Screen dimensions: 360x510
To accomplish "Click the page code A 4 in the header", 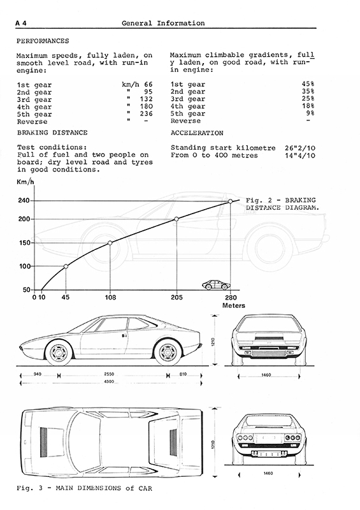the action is (21, 23).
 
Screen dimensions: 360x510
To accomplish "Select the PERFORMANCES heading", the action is (43, 41).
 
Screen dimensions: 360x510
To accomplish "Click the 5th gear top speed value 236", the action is (147, 114).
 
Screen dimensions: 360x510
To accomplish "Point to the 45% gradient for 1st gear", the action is (308, 84).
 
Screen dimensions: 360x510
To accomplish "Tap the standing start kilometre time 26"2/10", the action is (300, 148).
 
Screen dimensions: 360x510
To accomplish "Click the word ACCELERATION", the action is (197, 133).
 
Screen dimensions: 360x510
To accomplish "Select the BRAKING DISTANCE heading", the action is (52, 133).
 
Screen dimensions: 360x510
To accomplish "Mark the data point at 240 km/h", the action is (230, 201).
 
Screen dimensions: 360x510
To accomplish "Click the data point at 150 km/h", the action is (110, 243).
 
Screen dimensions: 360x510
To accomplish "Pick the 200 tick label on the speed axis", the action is (24, 219).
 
